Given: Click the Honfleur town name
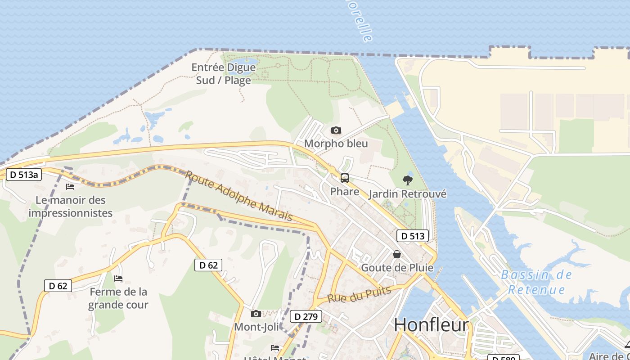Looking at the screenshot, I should coord(431,325).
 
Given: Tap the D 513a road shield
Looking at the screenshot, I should coord(23,175).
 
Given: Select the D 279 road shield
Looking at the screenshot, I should coord(306,316).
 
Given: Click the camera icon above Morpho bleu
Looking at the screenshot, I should coord(336,130).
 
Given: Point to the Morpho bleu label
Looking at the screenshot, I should coord(336,144).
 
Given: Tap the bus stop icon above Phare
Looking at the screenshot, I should coord(345,178).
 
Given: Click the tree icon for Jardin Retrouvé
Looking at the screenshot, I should coord(408,180).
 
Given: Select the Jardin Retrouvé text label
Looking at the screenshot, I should coord(408,194).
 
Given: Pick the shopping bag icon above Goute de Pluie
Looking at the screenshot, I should coord(397,254).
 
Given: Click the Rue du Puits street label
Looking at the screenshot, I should coord(359,295).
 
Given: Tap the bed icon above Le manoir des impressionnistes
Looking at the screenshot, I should coord(70,186).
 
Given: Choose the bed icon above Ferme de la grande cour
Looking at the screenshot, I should coord(118,279).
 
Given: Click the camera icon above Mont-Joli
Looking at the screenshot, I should coord(256,314).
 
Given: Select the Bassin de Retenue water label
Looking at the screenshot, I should coord(536,282).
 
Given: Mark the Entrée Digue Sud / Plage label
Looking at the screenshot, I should coord(224,74).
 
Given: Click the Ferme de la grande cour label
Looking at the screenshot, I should coord(118,298).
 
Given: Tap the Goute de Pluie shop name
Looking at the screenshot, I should coord(397,268).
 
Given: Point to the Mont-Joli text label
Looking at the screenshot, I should coord(256,327).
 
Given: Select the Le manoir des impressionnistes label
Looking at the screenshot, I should coord(70,207).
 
